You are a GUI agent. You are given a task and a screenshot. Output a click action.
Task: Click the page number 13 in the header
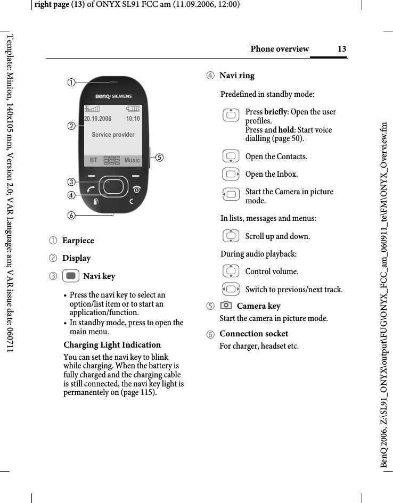tap(342, 49)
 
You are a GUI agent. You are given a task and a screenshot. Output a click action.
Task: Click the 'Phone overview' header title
tap(280, 49)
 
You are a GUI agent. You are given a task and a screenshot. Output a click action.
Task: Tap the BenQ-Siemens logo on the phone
tap(113, 96)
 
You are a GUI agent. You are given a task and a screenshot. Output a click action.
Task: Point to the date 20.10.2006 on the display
tap(98, 119)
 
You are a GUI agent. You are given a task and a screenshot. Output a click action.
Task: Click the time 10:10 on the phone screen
tap(133, 119)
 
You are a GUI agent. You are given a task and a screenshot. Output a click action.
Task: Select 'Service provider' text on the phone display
tap(113, 135)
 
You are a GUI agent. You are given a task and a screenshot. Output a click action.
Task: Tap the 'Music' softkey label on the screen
tap(132, 160)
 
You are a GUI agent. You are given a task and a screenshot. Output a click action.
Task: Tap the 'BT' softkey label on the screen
tap(94, 160)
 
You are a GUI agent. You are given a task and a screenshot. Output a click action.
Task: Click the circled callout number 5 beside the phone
tap(159, 158)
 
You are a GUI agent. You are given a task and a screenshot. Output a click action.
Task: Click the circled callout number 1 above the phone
tap(70, 82)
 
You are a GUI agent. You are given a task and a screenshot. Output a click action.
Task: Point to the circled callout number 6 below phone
tap(70, 215)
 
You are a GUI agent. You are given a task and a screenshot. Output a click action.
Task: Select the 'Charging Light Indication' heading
tap(112, 344)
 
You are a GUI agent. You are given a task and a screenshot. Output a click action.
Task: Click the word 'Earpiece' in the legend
tap(78, 241)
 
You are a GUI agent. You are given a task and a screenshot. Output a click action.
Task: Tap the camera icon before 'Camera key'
tap(226, 306)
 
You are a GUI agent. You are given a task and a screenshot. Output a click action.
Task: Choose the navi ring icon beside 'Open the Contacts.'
tap(231, 156)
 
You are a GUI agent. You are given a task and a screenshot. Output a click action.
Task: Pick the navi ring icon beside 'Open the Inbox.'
tap(231, 174)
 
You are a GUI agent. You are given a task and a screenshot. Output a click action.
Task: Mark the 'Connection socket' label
tap(253, 334)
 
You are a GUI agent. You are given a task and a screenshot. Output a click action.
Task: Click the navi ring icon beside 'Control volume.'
tap(231, 271)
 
